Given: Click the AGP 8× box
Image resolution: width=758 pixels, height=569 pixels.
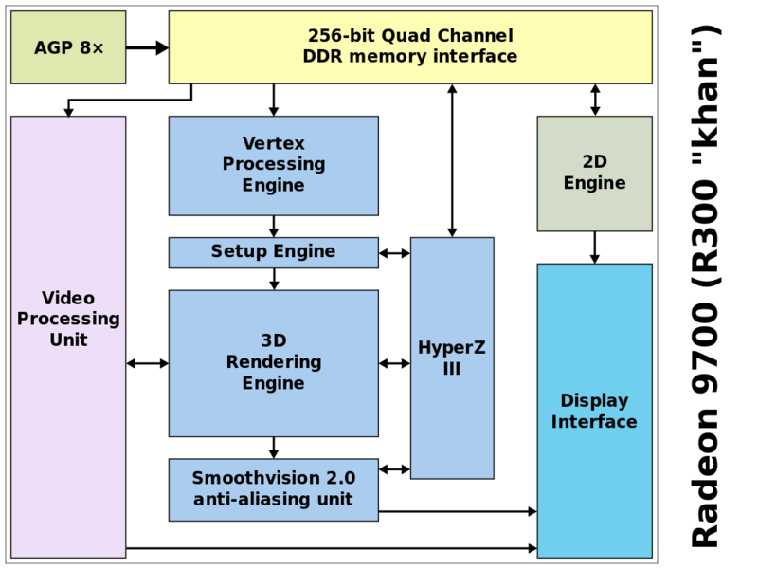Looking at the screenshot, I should (x=68, y=47).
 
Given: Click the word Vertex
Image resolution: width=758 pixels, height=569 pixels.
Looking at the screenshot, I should (x=274, y=143).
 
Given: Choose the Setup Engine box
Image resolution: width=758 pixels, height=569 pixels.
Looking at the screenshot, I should (x=273, y=252).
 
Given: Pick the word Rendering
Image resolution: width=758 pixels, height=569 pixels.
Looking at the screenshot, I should (x=274, y=362).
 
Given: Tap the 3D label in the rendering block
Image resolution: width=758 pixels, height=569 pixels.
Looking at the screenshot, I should (x=274, y=340).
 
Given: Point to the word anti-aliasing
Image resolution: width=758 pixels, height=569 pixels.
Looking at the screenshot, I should (x=238, y=500).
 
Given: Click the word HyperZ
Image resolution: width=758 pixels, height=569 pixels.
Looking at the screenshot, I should (x=452, y=347).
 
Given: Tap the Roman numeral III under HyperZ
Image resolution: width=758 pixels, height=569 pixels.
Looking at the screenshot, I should (x=452, y=369).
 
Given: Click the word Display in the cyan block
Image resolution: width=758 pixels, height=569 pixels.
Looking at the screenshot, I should (x=594, y=400).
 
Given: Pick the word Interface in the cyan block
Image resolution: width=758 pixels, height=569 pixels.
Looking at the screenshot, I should (x=594, y=422).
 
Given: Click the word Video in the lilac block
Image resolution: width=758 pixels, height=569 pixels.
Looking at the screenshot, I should (x=68, y=298).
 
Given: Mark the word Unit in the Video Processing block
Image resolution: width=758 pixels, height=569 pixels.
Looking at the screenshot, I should (x=68, y=340).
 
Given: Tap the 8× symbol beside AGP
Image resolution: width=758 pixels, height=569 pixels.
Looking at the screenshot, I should (x=90, y=47).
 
